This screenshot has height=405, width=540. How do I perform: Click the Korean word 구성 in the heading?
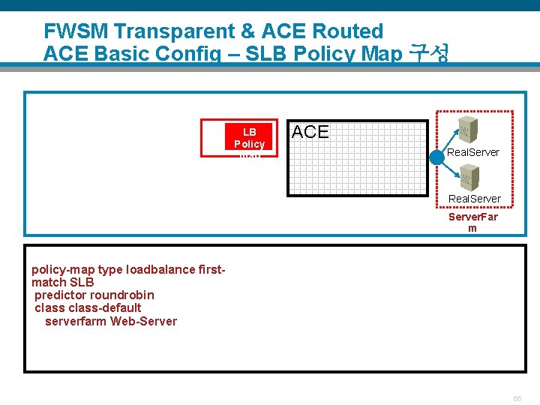[428, 54]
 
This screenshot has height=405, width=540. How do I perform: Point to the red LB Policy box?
[240, 137]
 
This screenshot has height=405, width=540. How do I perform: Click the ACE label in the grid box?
[310, 133]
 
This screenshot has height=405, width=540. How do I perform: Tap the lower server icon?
[469, 177]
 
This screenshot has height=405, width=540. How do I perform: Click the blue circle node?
[437, 158]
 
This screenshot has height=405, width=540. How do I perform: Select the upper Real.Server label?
[473, 152]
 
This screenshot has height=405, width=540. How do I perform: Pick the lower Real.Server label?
[474, 199]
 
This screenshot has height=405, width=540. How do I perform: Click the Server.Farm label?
[472, 222]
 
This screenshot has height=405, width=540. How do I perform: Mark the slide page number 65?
[517, 398]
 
